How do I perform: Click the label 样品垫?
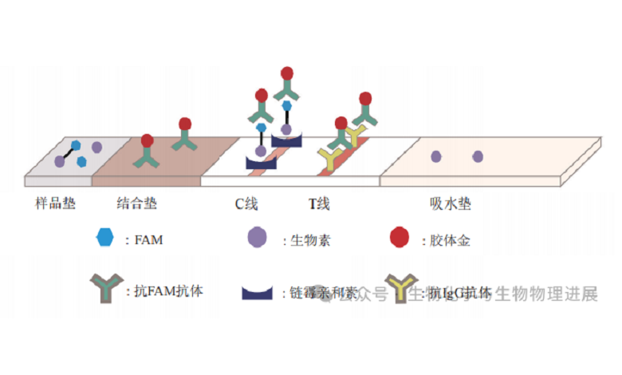[56, 203]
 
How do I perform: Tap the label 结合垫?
[136, 203]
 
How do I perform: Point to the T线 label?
[319, 203]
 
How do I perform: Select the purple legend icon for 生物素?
[257, 237]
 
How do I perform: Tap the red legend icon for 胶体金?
[399, 237]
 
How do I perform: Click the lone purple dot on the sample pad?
[96, 147]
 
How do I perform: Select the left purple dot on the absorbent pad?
[436, 156]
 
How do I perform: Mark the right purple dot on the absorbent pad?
[478, 156]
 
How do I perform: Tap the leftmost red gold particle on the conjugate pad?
[147, 141]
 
